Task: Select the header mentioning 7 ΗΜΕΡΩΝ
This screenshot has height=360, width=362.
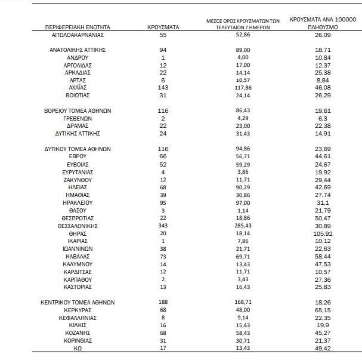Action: click(x=243, y=24)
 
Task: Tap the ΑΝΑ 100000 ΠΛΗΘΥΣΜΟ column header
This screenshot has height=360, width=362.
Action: click(x=323, y=24)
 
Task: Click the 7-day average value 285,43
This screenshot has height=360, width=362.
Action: click(x=243, y=226)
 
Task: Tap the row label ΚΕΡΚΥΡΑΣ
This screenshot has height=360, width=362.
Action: click(x=79, y=310)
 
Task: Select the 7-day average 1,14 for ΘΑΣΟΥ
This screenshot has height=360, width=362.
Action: click(x=243, y=211)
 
